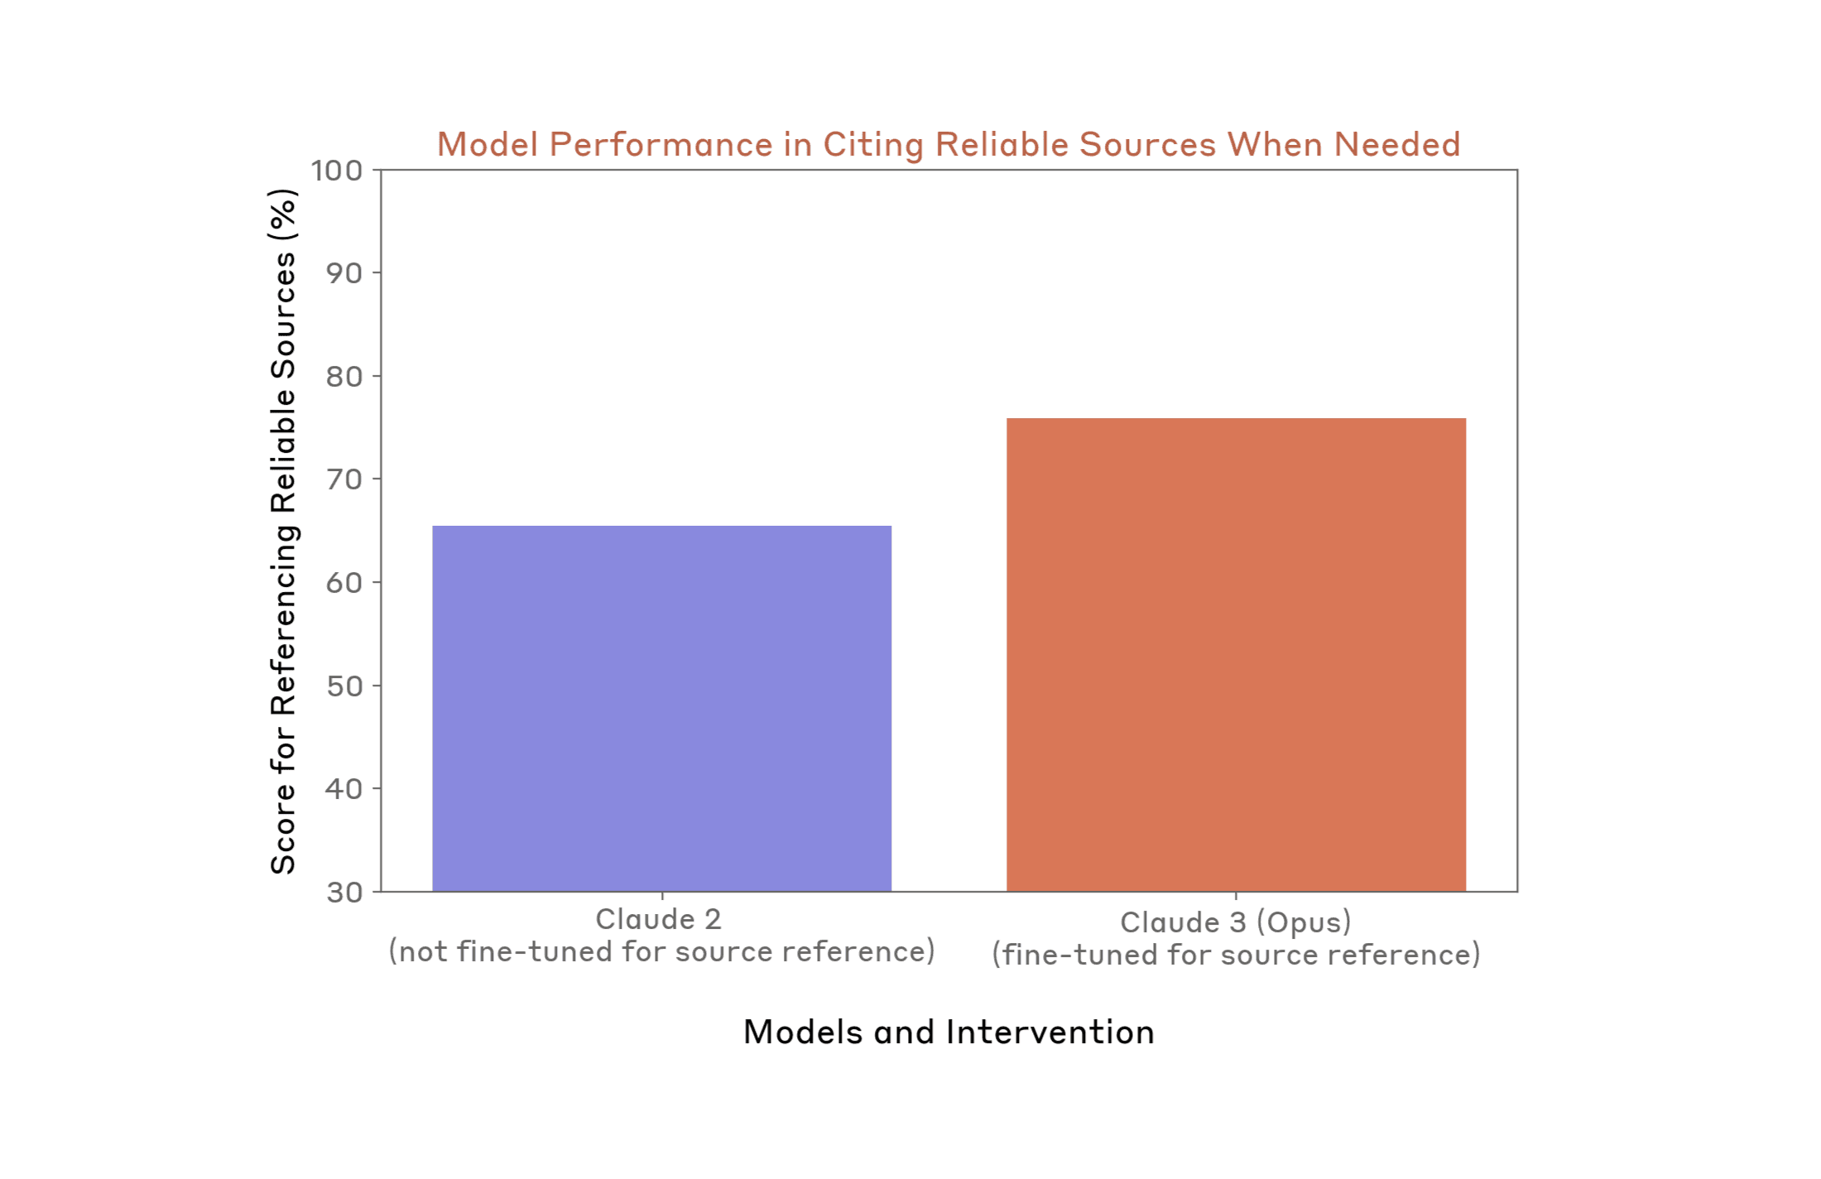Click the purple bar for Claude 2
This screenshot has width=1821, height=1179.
click(661, 708)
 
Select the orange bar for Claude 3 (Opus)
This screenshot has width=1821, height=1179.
click(1235, 654)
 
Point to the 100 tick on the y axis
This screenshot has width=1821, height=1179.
click(337, 171)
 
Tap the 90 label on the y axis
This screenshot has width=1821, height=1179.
click(344, 273)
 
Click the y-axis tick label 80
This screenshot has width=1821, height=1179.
click(344, 377)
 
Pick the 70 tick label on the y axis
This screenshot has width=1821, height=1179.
click(344, 479)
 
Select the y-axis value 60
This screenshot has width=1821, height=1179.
click(344, 583)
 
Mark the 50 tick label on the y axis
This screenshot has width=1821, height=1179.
click(344, 686)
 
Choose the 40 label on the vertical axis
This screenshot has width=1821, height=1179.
click(344, 789)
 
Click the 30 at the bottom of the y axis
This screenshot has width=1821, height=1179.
click(344, 893)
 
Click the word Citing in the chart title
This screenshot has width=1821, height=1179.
click(873, 145)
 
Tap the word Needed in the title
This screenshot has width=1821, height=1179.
click(1397, 145)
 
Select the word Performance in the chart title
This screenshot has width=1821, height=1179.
click(661, 145)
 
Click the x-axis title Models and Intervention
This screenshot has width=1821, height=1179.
click(949, 1032)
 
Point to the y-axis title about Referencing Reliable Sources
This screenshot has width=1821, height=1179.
click(283, 531)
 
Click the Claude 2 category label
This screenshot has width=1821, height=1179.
click(658, 919)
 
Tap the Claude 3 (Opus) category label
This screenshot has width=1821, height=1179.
click(1235, 922)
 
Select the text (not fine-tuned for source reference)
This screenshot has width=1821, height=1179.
click(661, 952)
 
